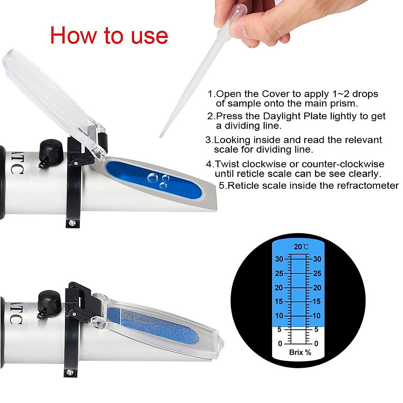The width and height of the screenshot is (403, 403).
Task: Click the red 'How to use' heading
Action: (109, 35)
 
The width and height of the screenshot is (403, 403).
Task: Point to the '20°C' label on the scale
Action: (301, 247)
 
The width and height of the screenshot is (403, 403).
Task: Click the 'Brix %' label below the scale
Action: (300, 352)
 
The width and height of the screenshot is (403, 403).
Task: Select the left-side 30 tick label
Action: (279, 259)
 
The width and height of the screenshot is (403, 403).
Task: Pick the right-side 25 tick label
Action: (317, 273)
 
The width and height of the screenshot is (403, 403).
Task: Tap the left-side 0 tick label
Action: (280, 344)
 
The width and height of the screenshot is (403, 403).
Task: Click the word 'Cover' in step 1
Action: (275, 94)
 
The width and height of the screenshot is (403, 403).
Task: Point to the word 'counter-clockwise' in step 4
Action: (343, 164)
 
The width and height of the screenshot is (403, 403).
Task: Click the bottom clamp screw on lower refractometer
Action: (70, 372)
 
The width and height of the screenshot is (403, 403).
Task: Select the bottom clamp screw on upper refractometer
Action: (71, 222)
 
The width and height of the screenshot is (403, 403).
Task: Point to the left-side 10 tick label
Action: (279, 316)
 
